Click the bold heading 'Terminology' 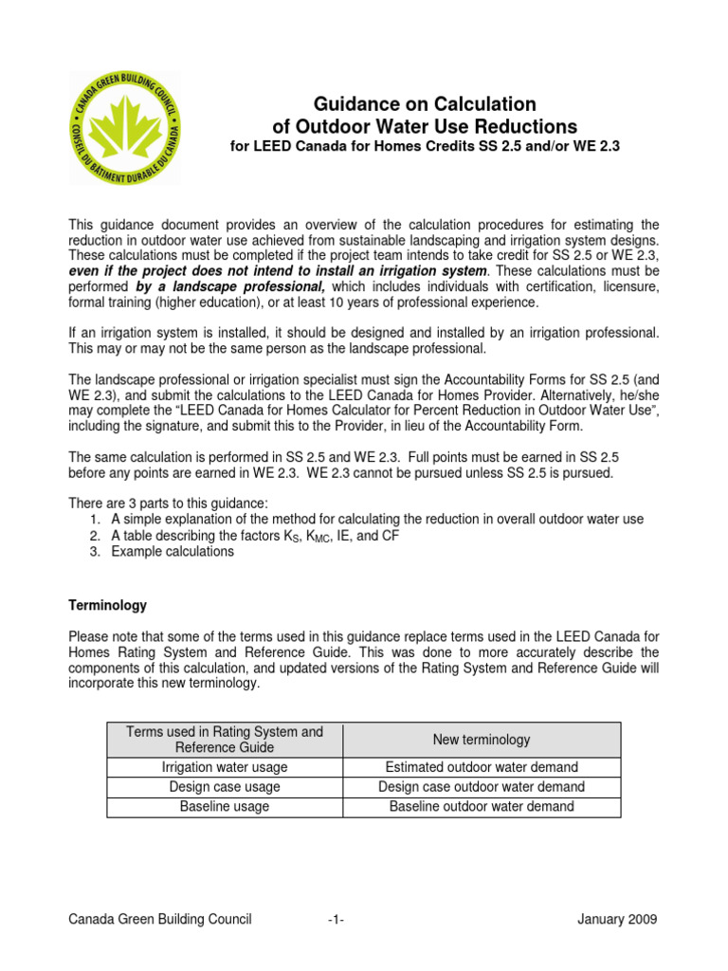tap(107, 605)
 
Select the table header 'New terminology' tap(482, 740)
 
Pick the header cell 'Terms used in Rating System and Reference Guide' tap(225, 740)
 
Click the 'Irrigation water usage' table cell tap(225, 768)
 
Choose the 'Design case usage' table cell tap(225, 787)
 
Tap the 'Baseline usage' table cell tap(225, 807)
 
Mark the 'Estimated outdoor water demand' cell tap(482, 768)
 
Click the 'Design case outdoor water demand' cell tap(482, 787)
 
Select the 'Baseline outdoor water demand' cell tap(482, 807)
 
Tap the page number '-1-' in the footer tap(336, 920)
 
